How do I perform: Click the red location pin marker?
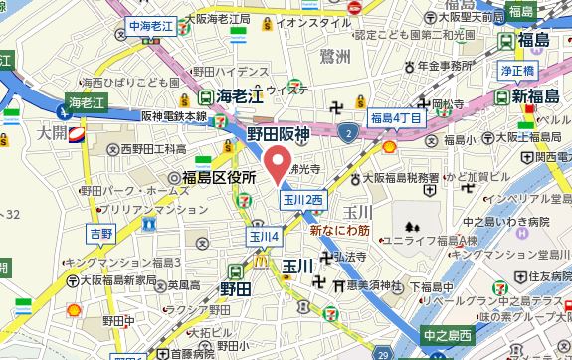tap(277, 162)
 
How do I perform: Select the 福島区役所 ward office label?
tap(220, 176)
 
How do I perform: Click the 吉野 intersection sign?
tap(101, 233)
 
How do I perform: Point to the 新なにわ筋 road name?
tap(340, 230)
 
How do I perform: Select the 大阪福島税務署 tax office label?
tap(399, 178)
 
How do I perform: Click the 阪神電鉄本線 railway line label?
tap(174, 116)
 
